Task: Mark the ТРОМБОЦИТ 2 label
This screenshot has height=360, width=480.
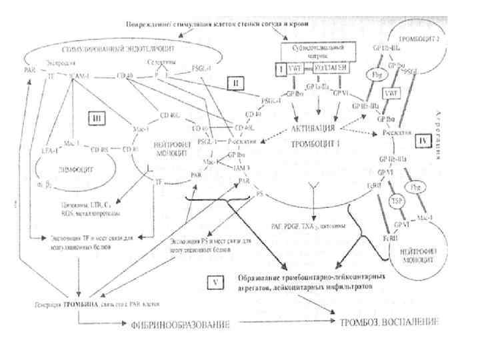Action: pos(435,39)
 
